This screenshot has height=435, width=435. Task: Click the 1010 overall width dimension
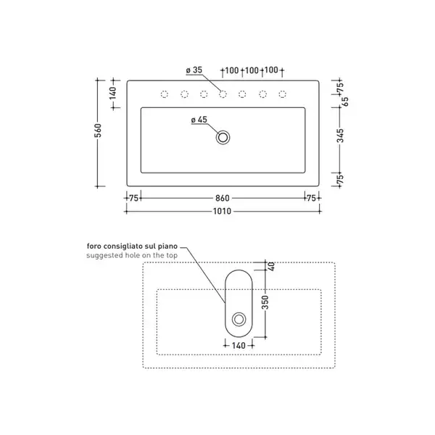pos(222,211)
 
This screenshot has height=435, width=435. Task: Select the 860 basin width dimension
pos(223,198)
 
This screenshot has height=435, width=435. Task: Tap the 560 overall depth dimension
pos(98,130)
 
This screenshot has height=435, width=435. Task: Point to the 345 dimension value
pos(340,136)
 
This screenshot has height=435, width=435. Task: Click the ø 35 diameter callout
pos(194,70)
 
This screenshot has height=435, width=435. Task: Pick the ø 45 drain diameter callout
pos(199,120)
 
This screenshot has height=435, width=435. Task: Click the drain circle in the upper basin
pos(223,137)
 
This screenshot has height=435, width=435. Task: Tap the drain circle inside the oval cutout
pos(239,319)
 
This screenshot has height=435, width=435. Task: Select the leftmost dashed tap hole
pos(165,94)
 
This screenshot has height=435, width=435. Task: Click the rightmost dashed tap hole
pos(283,94)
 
